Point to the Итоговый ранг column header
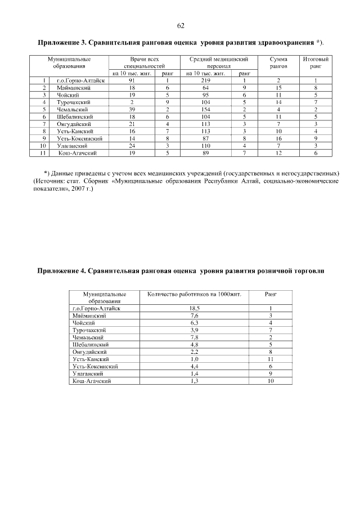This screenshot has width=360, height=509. coord(316,62)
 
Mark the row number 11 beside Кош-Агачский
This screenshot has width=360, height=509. coord(43,152)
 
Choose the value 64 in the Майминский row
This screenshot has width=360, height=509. coord(205,88)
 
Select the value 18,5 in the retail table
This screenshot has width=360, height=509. coord(195,309)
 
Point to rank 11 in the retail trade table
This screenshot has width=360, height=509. coord(271,359)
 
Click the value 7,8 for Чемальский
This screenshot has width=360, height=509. coord(195,337)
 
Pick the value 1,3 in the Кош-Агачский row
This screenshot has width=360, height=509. coord(195,381)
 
